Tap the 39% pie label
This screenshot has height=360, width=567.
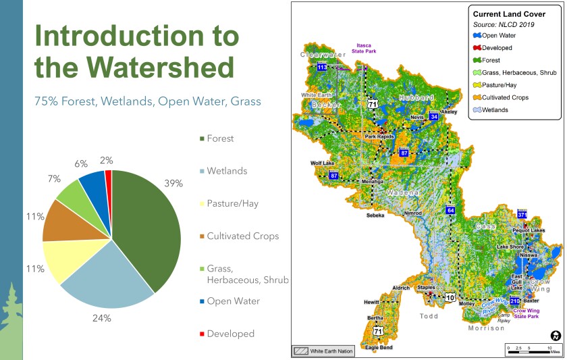[x=173, y=184]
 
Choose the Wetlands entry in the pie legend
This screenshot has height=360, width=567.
[x=227, y=171]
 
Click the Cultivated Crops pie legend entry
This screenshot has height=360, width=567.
[x=242, y=236]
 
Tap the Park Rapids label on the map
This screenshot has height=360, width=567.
[x=379, y=136]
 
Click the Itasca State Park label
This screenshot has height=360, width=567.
[x=366, y=48]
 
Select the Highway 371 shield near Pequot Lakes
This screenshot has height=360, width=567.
[x=521, y=215]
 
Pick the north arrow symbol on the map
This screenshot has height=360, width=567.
[x=556, y=335]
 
